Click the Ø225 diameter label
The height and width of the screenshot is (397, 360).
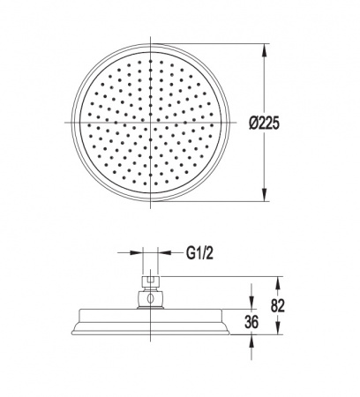[264, 123]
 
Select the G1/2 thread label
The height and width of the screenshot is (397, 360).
[199, 253]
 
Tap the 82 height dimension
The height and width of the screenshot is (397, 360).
[278, 305]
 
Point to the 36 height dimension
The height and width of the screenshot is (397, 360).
[251, 322]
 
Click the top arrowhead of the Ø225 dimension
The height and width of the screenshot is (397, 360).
[265, 50]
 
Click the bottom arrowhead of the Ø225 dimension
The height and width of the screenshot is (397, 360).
[265, 195]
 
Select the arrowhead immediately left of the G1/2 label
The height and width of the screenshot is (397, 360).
[165, 252]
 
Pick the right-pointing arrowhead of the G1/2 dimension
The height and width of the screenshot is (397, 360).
[136, 252]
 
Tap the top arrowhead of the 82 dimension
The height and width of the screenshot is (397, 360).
[278, 283]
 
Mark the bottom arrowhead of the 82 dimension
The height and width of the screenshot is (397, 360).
[278, 327]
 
